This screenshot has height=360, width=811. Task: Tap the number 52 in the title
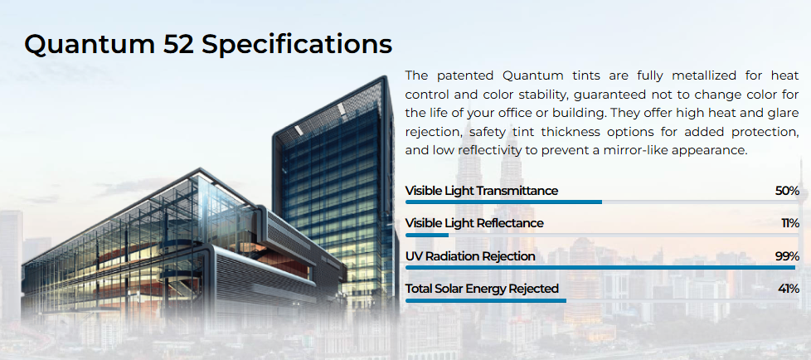click(x=178, y=44)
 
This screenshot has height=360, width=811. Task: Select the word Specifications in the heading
click(x=297, y=45)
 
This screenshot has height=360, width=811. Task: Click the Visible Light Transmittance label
click(x=482, y=191)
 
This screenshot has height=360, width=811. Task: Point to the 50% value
click(x=787, y=191)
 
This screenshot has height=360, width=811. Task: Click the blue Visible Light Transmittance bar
click(x=504, y=202)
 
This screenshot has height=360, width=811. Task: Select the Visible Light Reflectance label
click(x=474, y=223)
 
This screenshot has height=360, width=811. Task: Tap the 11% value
click(x=790, y=223)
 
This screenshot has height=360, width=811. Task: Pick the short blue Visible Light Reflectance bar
click(x=427, y=235)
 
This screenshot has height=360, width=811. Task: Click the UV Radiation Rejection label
click(x=470, y=256)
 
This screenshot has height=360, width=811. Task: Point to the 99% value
click(x=787, y=256)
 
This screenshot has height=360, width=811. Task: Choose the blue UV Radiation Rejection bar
click(x=600, y=267)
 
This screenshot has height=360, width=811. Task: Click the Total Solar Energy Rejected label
click(x=482, y=289)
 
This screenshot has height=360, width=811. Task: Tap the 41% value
click(x=789, y=289)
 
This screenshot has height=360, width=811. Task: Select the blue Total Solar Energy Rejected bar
click(x=486, y=300)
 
